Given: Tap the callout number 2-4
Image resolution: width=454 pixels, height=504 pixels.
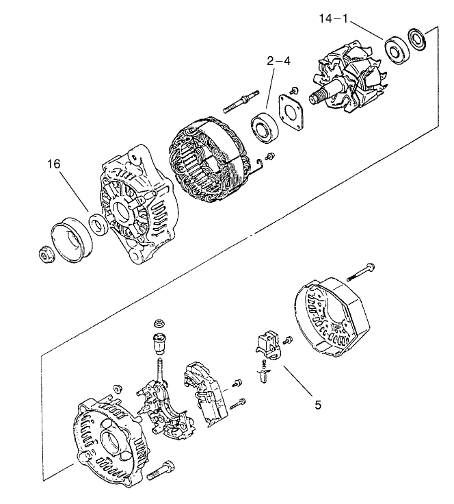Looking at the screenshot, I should point(278,61).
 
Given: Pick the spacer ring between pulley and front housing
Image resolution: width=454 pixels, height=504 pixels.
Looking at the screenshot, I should point(98,223).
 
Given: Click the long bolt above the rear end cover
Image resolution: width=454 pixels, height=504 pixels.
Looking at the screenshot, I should point(363,271).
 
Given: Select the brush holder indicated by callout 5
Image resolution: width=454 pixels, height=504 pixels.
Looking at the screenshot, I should point(268,346).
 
